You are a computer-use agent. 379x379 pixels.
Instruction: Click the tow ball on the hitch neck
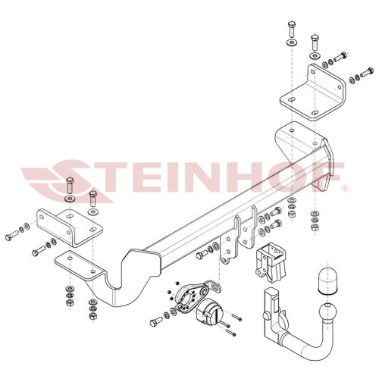click(328, 314)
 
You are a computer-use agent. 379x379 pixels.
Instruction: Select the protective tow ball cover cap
click(328, 280)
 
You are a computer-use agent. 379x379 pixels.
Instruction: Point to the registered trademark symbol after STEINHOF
click(346, 189)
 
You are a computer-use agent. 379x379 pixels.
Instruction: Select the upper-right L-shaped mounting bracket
click(313, 92)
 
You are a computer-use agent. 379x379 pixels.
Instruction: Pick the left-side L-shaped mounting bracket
click(70, 227)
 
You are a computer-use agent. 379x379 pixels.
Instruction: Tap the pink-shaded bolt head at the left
click(70, 180)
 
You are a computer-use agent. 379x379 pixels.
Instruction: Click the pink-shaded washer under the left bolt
click(69, 199)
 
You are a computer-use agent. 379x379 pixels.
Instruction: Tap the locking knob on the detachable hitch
click(266, 315)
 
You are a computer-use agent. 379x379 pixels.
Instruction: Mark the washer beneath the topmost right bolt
click(292, 42)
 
